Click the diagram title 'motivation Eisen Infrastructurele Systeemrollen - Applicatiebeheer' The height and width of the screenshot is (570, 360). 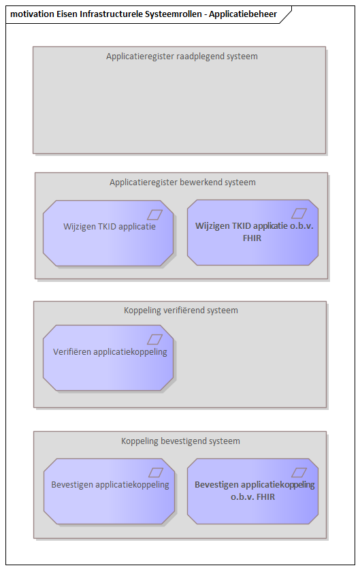click(x=144, y=14)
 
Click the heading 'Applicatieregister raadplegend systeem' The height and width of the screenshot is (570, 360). click(x=182, y=57)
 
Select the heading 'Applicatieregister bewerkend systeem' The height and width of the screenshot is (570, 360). click(x=183, y=182)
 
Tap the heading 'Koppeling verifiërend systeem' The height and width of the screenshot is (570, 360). click(x=181, y=311)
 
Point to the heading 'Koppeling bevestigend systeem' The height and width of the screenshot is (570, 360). click(x=180, y=441)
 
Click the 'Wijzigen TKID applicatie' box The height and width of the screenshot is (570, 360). click(x=108, y=233)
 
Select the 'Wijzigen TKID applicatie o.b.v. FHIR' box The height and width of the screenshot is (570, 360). click(x=253, y=232)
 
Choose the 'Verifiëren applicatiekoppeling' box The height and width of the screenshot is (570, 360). click(x=108, y=358)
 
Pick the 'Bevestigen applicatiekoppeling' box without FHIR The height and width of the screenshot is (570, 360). click(x=109, y=491)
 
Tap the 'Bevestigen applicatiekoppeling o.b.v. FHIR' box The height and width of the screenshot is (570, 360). click(x=253, y=491)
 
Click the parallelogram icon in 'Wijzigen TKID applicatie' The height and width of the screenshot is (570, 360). click(x=154, y=215)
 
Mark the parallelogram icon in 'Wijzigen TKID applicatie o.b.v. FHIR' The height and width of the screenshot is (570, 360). click(x=299, y=213)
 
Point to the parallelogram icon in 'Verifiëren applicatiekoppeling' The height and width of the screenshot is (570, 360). click(x=154, y=340)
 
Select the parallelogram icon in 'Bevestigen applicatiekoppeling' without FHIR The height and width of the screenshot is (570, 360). click(x=156, y=473)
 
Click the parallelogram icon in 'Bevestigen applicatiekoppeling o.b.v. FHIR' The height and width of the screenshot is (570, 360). click(x=299, y=473)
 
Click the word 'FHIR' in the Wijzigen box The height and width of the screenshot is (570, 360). click(x=252, y=238)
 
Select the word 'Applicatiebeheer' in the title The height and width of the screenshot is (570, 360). click(x=243, y=14)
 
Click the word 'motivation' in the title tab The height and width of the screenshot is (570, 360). click(x=33, y=14)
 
